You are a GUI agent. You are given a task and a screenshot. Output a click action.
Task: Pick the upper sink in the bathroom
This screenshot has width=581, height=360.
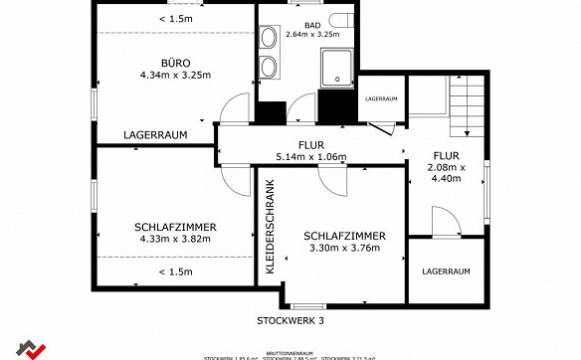click(269, 39)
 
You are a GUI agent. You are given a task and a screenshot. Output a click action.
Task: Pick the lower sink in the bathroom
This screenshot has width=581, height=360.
click(269, 69)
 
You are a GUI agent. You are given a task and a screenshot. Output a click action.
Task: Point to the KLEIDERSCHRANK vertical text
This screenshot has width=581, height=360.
click(271, 227)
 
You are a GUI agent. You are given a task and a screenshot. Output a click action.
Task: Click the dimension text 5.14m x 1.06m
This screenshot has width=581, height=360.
click(310, 157)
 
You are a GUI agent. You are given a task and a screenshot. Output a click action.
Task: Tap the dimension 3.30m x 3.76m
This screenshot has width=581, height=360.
click(344, 248)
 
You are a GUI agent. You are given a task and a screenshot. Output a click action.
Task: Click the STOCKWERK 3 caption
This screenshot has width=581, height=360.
click(290, 320)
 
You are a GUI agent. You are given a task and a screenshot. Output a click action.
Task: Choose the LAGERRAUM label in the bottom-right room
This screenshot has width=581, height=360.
click(446, 270)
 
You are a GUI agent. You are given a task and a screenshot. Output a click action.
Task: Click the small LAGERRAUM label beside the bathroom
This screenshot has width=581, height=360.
click(381, 99)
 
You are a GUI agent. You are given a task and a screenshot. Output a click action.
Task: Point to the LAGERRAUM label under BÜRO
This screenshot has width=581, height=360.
click(155, 134)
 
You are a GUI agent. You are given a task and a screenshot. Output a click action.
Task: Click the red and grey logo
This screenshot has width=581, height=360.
click(32, 348)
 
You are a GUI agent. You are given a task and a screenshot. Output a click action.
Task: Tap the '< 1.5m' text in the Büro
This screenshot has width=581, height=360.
click(176, 19)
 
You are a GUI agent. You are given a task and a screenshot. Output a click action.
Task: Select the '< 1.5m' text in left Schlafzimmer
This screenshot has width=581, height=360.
click(176, 271)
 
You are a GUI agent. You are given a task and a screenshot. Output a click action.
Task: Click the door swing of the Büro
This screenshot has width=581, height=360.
click(235, 107)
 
